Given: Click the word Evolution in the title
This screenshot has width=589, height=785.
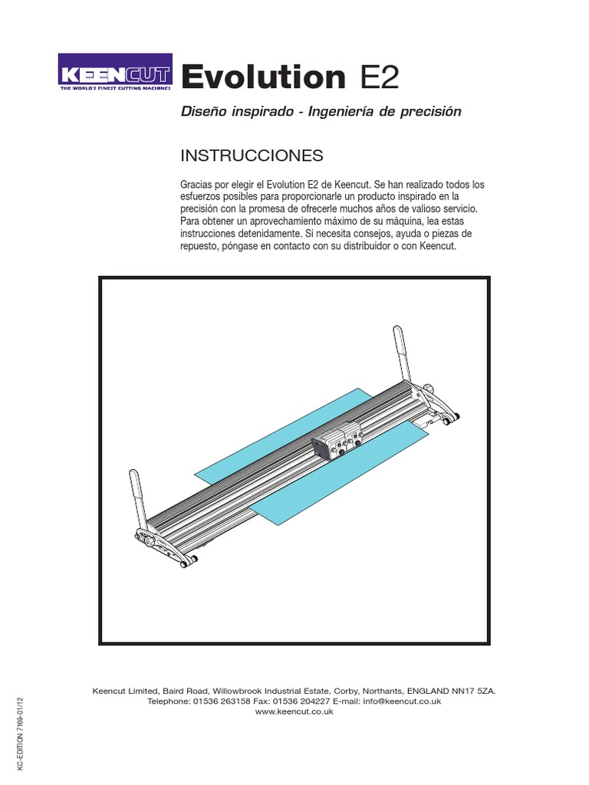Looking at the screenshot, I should pyautogui.click(x=264, y=77).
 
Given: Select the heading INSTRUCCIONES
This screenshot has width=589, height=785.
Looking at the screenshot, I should pyautogui.click(x=252, y=156).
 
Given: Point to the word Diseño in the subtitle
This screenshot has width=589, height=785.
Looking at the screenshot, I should pyautogui.click(x=202, y=112).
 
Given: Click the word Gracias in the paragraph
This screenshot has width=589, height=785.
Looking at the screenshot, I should pyautogui.click(x=196, y=185).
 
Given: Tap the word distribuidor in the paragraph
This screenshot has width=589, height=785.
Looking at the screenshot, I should pyautogui.click(x=372, y=245).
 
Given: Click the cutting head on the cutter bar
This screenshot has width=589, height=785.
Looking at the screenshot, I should pyautogui.click(x=337, y=442).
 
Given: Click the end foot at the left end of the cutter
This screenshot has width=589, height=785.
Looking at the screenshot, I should pyautogui.click(x=166, y=546).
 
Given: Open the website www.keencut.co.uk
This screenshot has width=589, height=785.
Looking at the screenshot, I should pyautogui.click(x=294, y=711).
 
